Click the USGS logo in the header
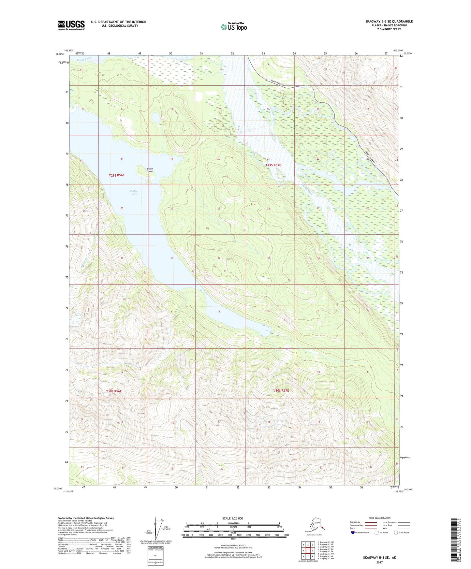71,25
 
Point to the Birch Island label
150,170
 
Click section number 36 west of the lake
122,258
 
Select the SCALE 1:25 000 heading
232,518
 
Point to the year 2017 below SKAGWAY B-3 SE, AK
379,562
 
